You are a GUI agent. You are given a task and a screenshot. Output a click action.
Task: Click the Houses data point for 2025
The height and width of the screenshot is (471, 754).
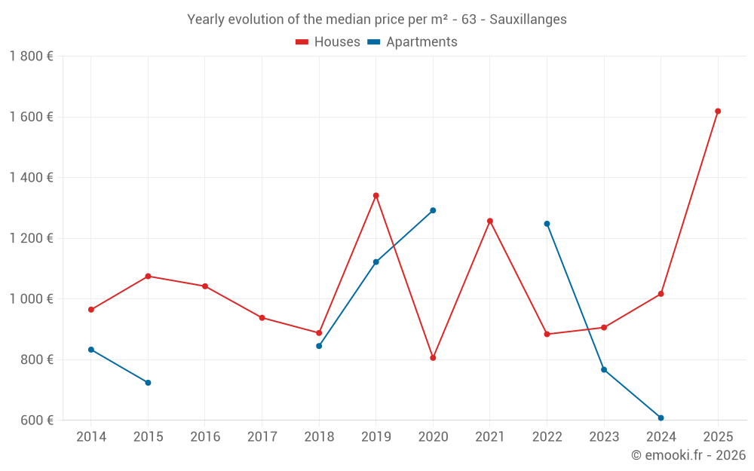click(x=718, y=112)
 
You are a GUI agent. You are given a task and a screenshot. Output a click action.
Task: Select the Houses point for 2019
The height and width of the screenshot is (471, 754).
click(x=376, y=196)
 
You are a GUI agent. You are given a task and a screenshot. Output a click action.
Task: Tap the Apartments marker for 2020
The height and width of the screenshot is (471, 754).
click(x=433, y=210)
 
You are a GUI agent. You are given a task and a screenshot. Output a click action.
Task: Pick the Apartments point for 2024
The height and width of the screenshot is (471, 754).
click(x=661, y=417)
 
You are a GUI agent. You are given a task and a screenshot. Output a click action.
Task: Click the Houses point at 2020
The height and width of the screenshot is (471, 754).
click(x=433, y=358)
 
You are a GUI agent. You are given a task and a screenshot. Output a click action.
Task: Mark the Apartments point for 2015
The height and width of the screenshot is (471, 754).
click(x=148, y=383)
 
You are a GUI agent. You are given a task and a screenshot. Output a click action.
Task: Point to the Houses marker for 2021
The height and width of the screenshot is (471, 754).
click(x=490, y=221)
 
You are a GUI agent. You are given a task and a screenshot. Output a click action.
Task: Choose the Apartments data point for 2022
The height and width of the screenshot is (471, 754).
click(x=547, y=224)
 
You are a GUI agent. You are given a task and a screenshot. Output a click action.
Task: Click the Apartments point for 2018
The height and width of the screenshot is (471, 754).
click(x=319, y=346)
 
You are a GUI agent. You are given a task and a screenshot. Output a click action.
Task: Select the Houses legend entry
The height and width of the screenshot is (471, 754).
click(x=328, y=42)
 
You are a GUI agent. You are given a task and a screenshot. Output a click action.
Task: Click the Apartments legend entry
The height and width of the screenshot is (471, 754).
click(x=412, y=42)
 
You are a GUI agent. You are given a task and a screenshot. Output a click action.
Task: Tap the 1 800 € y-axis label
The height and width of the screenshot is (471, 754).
click(x=31, y=57)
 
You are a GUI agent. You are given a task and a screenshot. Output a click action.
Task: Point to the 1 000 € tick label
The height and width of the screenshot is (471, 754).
click(x=31, y=299)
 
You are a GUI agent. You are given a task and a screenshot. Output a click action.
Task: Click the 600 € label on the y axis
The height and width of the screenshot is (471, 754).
click(x=35, y=421)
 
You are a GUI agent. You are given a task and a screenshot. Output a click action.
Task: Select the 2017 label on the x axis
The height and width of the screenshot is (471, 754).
click(x=262, y=437)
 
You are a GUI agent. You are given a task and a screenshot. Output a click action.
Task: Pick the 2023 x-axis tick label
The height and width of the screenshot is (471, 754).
click(x=604, y=437)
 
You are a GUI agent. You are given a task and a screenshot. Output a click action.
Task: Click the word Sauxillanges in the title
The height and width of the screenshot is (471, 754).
click(x=528, y=20)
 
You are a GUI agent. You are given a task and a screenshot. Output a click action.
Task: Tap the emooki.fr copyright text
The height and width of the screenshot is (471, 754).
click(x=688, y=455)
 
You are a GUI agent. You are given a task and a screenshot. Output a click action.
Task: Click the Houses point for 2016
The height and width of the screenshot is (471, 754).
click(x=205, y=286)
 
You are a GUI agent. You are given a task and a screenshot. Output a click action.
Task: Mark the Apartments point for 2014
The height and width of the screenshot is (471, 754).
click(x=91, y=350)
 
